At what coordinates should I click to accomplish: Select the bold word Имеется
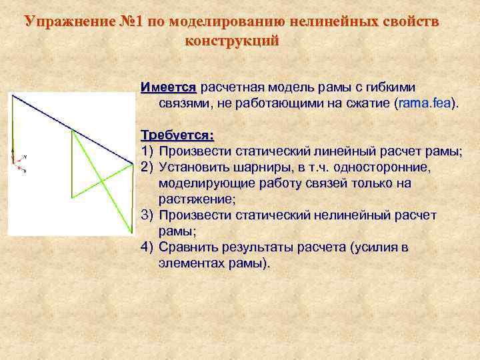tap(169, 88)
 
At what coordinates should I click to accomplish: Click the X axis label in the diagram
tap(25, 173)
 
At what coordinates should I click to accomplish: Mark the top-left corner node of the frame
tap(13, 95)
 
